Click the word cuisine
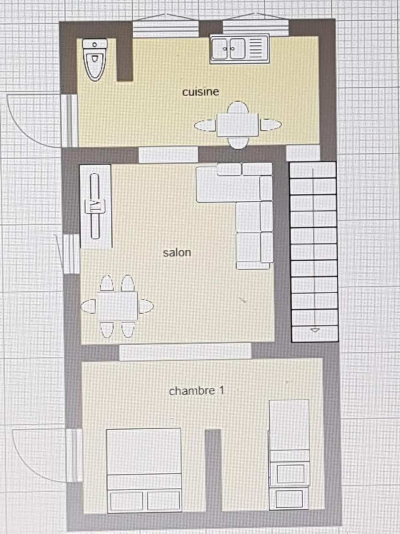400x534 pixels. pos(200,92)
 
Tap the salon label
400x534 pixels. pos(177,253)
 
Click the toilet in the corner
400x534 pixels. pos(95,60)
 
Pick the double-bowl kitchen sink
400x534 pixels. pos(240,49)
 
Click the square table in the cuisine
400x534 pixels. pos(238,125)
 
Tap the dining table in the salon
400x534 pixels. pos(117,306)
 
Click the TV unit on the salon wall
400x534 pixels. pos(95,206)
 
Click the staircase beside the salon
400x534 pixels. pos(314,252)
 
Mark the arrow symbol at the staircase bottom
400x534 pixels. pos(315,330)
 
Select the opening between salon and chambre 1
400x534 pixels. pos(185,351)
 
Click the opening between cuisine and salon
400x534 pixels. pos(168,155)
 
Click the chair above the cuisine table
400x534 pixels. pos(238,108)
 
